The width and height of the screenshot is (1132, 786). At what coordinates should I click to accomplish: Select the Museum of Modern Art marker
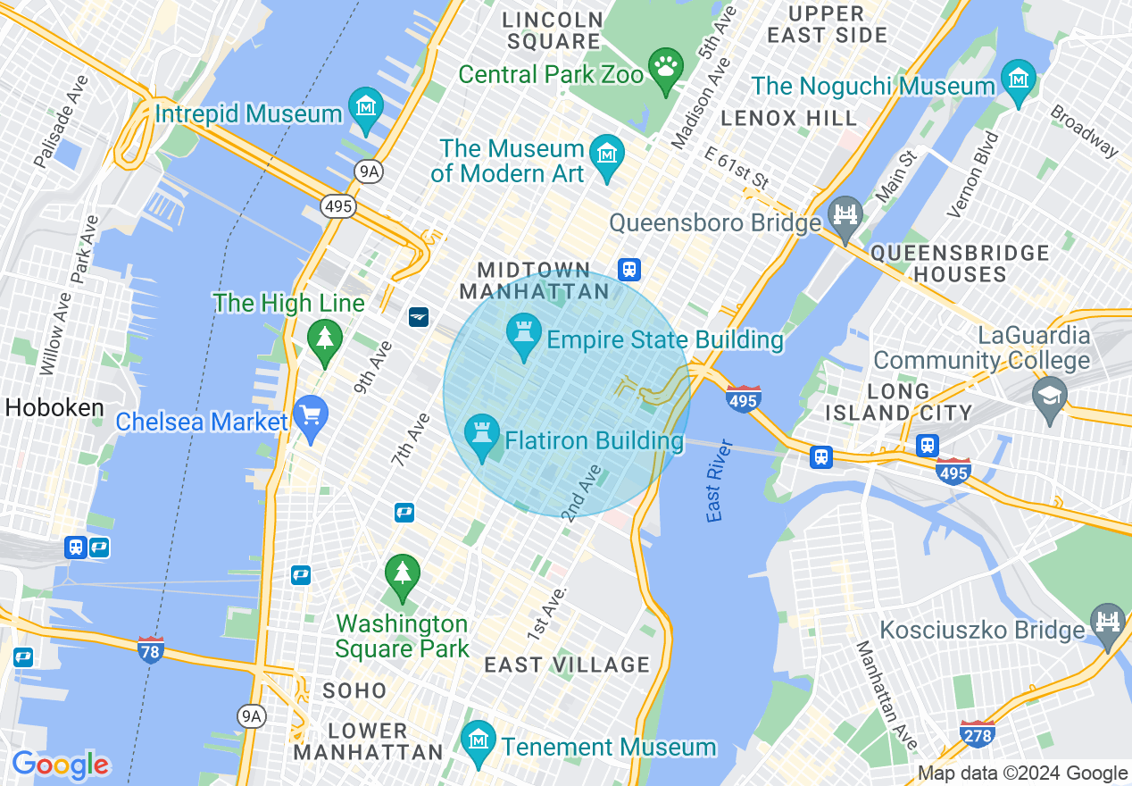pyautogui.click(x=607, y=155)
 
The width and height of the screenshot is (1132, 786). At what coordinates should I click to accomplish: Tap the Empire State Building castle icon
pyautogui.click(x=523, y=334)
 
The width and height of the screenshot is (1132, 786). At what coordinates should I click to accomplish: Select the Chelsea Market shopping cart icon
pyautogui.click(x=311, y=417)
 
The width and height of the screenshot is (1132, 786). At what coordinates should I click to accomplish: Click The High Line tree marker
pyautogui.click(x=325, y=339)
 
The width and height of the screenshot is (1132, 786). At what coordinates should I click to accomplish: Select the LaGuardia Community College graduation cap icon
pyautogui.click(x=1049, y=396)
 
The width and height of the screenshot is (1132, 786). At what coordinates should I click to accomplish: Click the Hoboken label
pyautogui.click(x=54, y=408)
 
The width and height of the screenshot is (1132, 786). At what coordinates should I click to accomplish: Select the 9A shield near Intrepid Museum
pyautogui.click(x=370, y=171)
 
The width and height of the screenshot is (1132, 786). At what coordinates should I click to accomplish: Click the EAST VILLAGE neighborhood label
pyautogui.click(x=567, y=665)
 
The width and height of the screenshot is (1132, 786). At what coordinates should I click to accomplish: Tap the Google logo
pyautogui.click(x=60, y=765)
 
